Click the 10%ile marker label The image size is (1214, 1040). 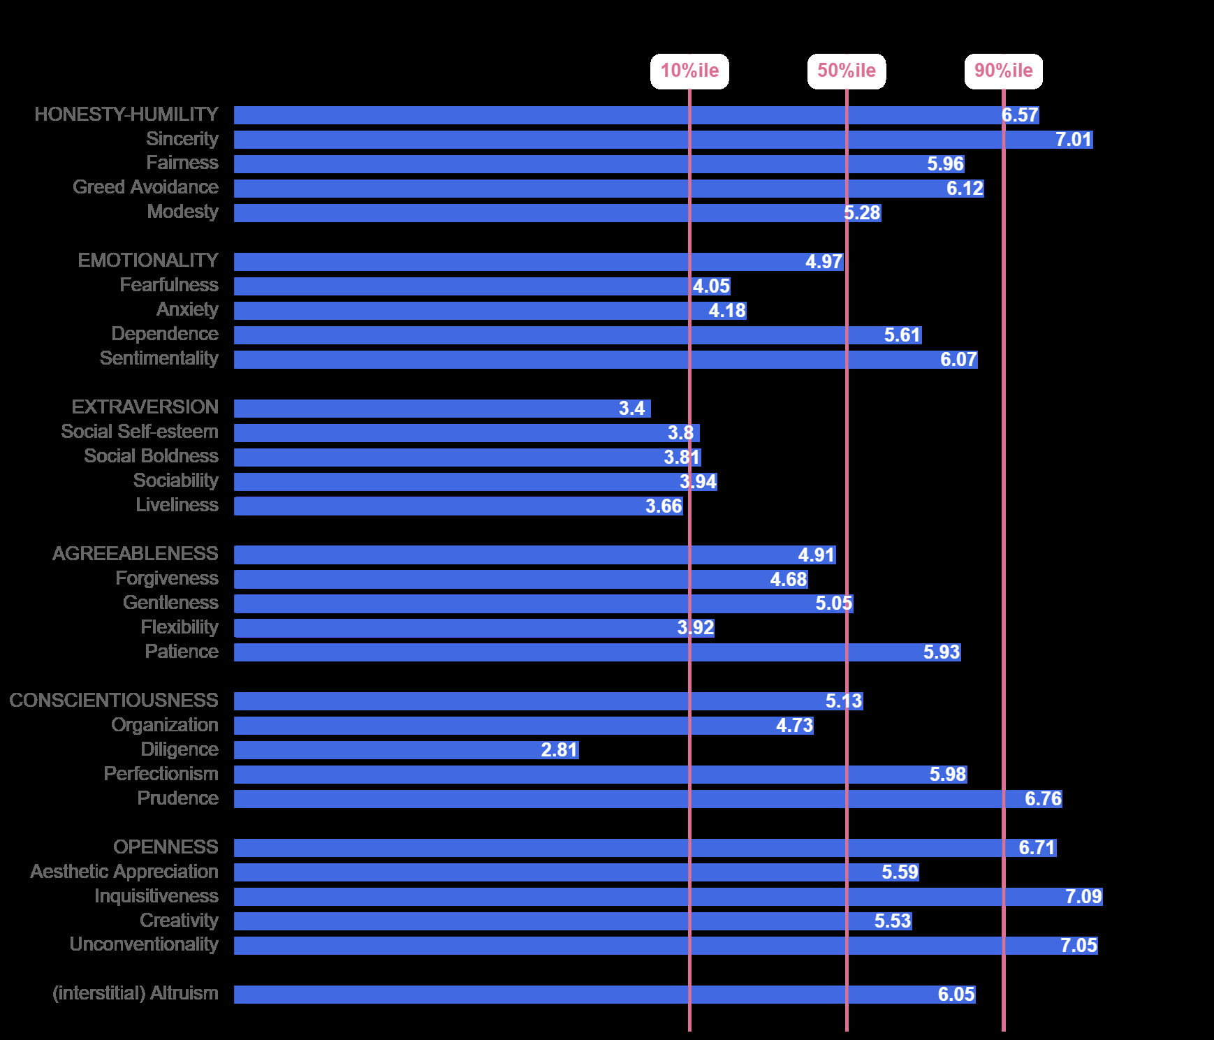(x=689, y=71)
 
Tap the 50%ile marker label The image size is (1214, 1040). (x=847, y=71)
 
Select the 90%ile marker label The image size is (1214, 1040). (x=1003, y=71)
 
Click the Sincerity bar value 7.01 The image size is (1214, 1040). (x=1073, y=140)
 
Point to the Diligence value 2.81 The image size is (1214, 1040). (x=559, y=750)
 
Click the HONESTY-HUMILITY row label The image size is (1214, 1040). (x=126, y=115)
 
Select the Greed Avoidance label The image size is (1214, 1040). (x=145, y=187)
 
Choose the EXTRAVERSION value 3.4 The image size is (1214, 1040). (x=631, y=409)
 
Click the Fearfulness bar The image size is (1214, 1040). (x=461, y=286)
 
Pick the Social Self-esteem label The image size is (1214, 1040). (x=140, y=432)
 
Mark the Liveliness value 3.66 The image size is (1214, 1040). (x=663, y=506)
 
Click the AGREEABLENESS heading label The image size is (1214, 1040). (x=136, y=554)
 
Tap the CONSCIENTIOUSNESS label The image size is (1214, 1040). (x=114, y=701)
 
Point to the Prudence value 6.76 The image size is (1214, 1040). (x=1042, y=799)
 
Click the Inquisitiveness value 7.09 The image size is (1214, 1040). (x=1083, y=897)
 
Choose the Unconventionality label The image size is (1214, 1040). (x=144, y=944)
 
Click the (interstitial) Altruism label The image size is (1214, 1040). (x=136, y=993)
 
